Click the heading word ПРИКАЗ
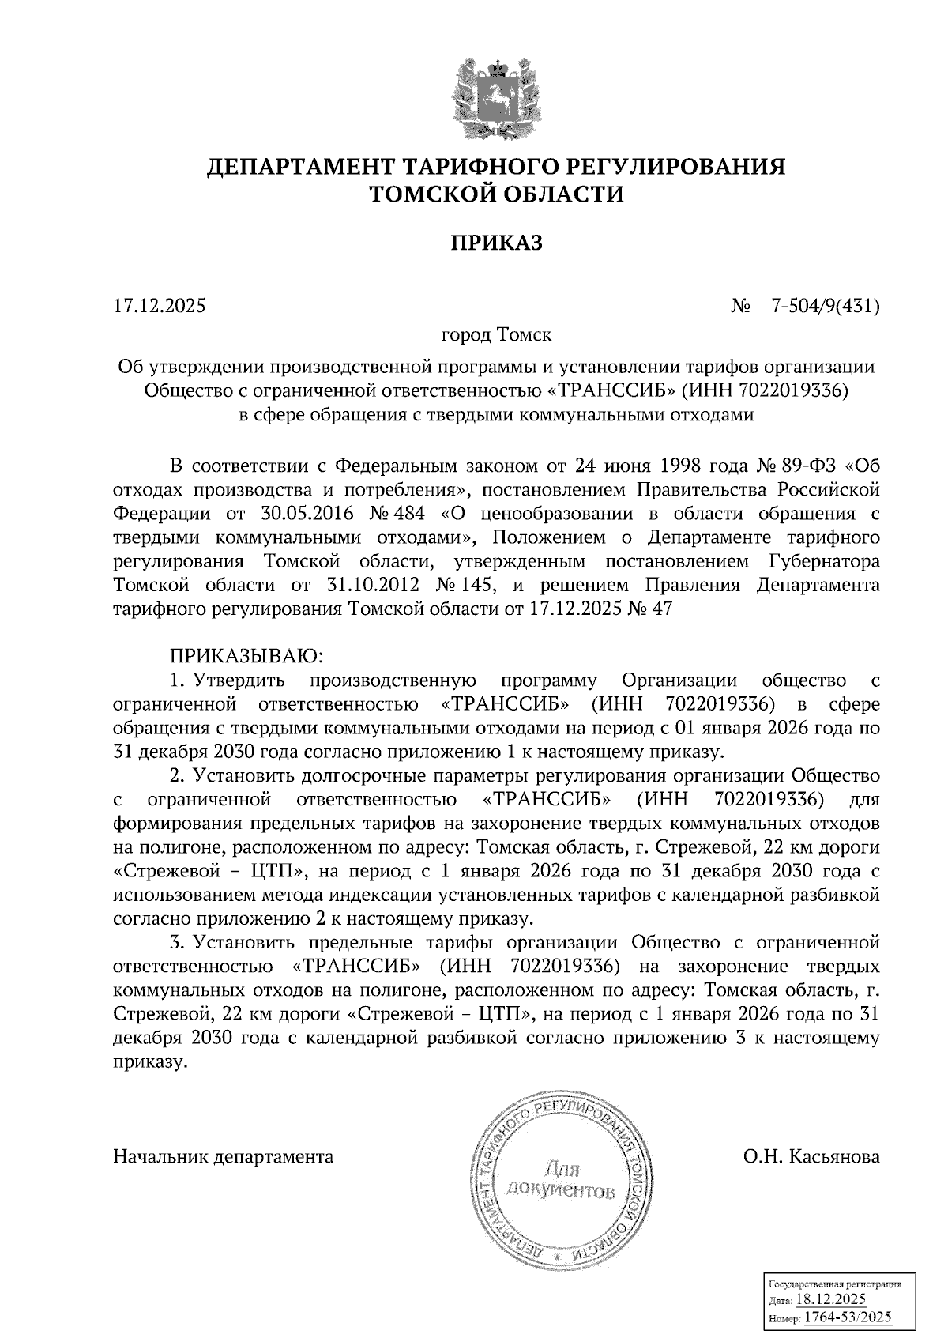pos(496,243)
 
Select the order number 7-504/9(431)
pos(825,305)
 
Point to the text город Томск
pos(496,334)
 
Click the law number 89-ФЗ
pos(790,464)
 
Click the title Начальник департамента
pos(224,1156)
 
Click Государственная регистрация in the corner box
pos(836,1285)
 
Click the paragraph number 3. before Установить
pos(177,942)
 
